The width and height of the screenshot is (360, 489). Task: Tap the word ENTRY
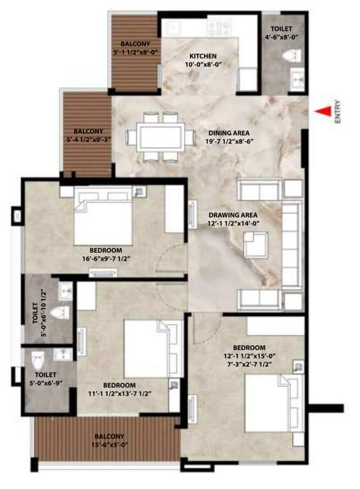click(338, 112)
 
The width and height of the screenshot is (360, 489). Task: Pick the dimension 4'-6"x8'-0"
click(284, 38)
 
